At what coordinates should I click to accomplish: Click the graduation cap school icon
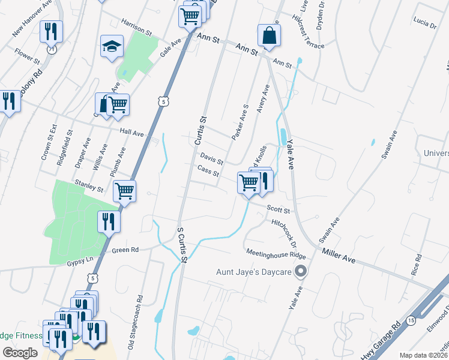[x=112, y=47]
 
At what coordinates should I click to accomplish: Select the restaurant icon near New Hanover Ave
[x=51, y=31]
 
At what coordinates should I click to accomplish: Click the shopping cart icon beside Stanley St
[x=124, y=190]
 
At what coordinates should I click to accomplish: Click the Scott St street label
[x=279, y=210]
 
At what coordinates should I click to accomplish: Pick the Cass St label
[x=208, y=171]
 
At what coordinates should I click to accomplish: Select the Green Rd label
[x=125, y=250]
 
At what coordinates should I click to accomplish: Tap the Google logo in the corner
[x=20, y=353]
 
